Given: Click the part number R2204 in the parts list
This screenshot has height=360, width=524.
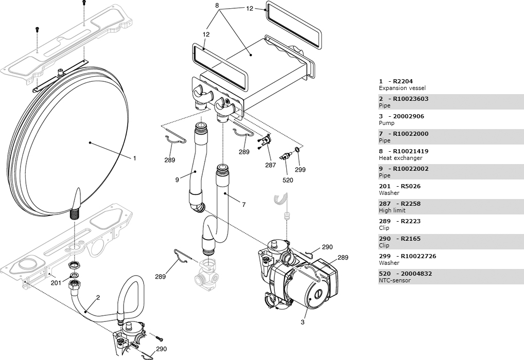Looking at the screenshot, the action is (x=403, y=81).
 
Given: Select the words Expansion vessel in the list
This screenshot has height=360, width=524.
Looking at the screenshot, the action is (x=403, y=88).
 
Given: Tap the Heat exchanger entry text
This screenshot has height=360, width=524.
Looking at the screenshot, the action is (x=400, y=158).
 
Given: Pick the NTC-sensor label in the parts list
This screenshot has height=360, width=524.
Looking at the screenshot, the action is (x=395, y=280).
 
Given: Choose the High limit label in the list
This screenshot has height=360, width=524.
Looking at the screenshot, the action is (x=392, y=210).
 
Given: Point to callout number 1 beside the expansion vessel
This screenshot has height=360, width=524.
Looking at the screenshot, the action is (x=135, y=158).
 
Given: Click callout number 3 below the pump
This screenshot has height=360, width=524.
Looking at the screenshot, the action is (x=303, y=322).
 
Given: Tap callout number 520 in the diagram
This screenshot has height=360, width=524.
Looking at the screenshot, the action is (x=288, y=181).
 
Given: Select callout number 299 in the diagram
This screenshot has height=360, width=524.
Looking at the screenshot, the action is (x=300, y=170).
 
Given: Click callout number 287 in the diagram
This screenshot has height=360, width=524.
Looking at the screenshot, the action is (x=271, y=165).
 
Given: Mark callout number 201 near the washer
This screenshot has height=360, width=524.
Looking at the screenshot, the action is (x=56, y=283).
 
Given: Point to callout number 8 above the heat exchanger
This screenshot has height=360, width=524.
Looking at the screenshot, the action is (x=217, y=5).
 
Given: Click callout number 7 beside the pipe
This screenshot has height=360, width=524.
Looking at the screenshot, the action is (x=243, y=205).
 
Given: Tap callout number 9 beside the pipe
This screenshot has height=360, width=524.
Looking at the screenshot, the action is (x=177, y=180).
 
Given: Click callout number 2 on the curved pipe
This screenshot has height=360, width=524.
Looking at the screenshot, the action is (x=98, y=298).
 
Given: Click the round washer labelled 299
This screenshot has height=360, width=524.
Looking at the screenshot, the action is (x=296, y=149).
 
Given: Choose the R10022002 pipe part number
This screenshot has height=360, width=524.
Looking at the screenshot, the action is (x=410, y=169).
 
